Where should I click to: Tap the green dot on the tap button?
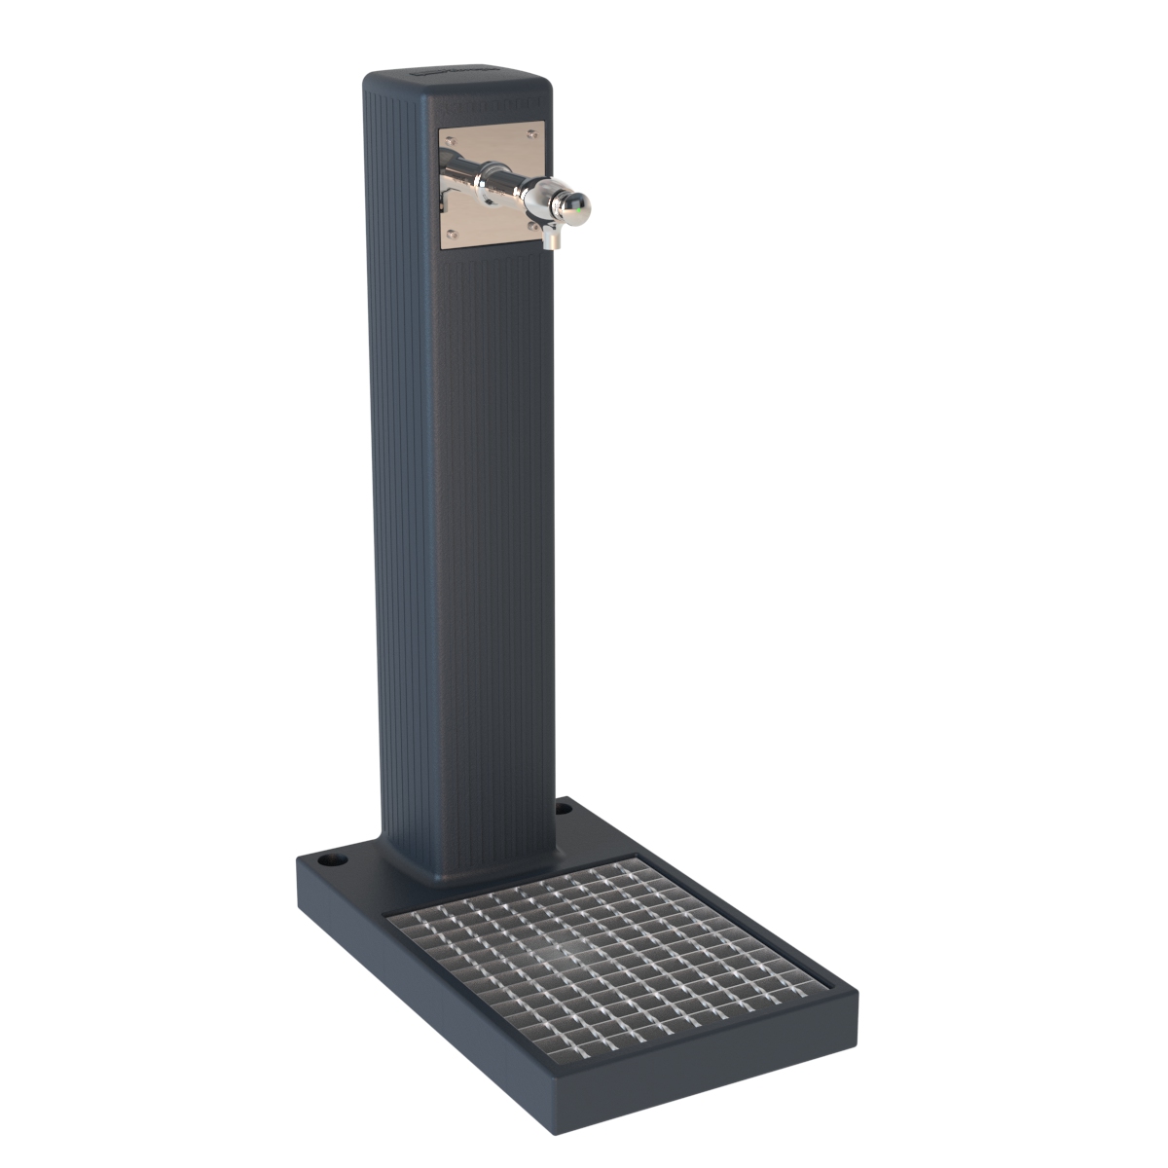tap(581, 205)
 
